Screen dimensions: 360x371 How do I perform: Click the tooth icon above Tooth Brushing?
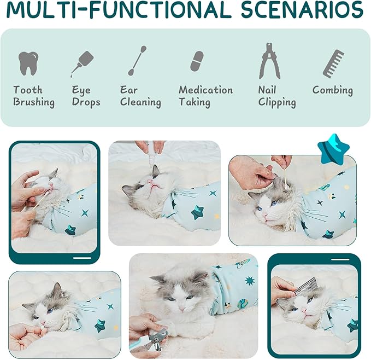tap(28, 63)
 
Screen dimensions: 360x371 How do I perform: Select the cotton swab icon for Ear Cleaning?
tap(137, 61)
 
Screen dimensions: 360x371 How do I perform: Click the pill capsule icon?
tap(197, 61)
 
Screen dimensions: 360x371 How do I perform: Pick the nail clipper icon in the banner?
tap(269, 61)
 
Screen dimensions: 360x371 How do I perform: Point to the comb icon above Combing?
tap(333, 63)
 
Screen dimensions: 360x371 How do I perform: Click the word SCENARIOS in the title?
tap(295, 10)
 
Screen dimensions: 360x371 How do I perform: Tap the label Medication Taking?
tap(205, 96)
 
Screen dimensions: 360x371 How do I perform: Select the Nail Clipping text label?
tap(277, 96)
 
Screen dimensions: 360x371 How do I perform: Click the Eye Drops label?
tap(86, 96)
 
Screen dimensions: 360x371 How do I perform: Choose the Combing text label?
tap(332, 90)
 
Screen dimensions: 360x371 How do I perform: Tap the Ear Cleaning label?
tap(140, 96)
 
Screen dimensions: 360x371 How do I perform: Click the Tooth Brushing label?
tap(34, 96)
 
